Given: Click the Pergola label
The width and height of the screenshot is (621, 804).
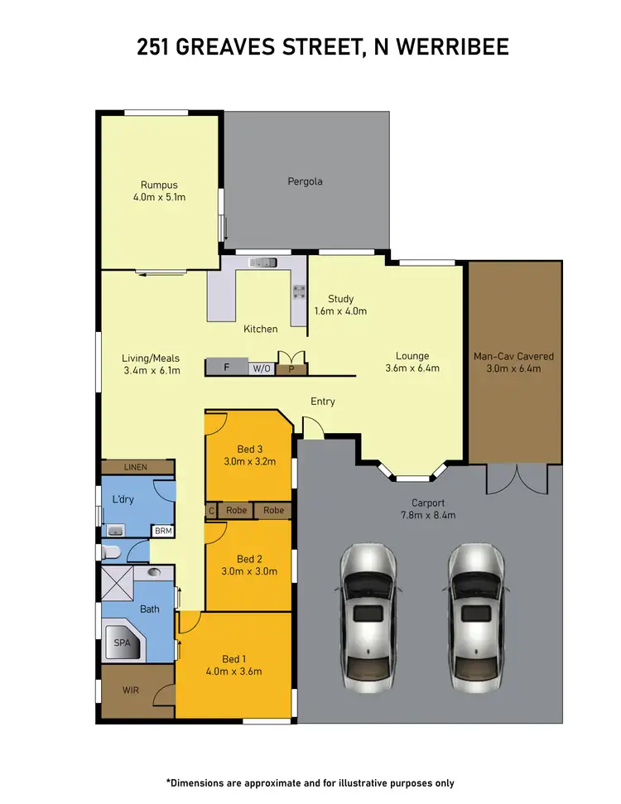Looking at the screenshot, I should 305,181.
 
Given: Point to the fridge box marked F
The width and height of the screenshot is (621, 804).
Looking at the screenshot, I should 226,368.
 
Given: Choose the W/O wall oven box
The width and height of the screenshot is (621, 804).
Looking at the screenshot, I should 262,368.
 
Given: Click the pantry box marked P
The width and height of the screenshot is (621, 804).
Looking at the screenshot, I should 291,368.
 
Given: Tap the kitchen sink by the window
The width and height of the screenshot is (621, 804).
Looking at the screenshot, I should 263,263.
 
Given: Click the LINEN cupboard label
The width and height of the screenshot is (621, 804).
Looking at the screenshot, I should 135,468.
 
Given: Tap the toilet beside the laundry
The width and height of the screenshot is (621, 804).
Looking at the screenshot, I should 112,551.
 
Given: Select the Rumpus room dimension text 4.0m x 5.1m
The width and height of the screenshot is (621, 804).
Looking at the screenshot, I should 159,198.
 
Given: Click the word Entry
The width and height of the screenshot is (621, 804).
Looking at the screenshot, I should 323,402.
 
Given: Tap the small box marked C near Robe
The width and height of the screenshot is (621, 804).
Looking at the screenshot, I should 211,511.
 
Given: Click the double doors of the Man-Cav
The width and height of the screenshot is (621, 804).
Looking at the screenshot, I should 517,479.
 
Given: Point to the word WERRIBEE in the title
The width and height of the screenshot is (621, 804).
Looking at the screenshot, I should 449,47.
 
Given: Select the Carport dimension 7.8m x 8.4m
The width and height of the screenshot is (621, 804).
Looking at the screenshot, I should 429,515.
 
